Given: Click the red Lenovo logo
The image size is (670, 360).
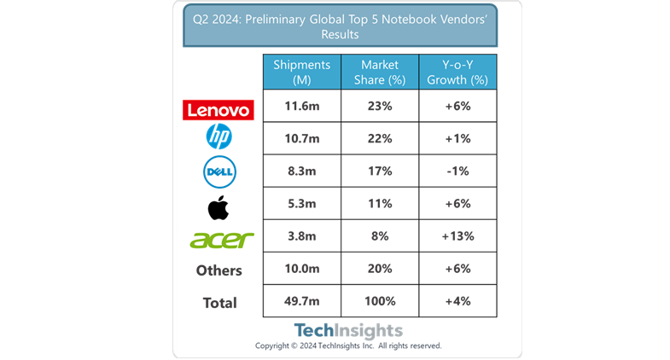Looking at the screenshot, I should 218,109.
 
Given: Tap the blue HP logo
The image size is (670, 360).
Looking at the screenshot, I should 218,136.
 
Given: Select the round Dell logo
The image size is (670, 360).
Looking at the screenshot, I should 218,172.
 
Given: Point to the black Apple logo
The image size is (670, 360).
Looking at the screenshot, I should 218,206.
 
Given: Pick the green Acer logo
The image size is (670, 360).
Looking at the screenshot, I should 222,239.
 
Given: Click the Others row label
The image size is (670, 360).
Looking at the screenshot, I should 218,270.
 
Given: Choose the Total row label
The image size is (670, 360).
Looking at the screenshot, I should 218,303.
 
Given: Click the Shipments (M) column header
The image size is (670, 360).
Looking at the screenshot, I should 301,73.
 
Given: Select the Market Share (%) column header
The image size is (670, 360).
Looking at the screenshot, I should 380,73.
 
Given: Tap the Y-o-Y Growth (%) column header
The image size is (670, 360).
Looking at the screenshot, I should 458,73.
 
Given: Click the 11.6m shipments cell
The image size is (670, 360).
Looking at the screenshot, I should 301,107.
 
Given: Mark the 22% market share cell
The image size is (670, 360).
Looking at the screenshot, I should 380,138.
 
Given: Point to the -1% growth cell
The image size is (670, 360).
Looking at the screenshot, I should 458,171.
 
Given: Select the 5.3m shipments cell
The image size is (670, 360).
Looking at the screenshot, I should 301,203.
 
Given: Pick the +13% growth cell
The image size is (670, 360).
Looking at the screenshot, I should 458,236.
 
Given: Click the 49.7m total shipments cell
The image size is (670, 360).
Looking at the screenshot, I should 301,301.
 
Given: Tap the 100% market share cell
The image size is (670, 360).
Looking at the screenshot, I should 380,301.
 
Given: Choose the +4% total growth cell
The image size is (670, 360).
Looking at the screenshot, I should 458,301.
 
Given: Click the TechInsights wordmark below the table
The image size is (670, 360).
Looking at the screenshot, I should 348,330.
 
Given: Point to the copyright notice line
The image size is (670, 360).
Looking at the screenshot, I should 348,345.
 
